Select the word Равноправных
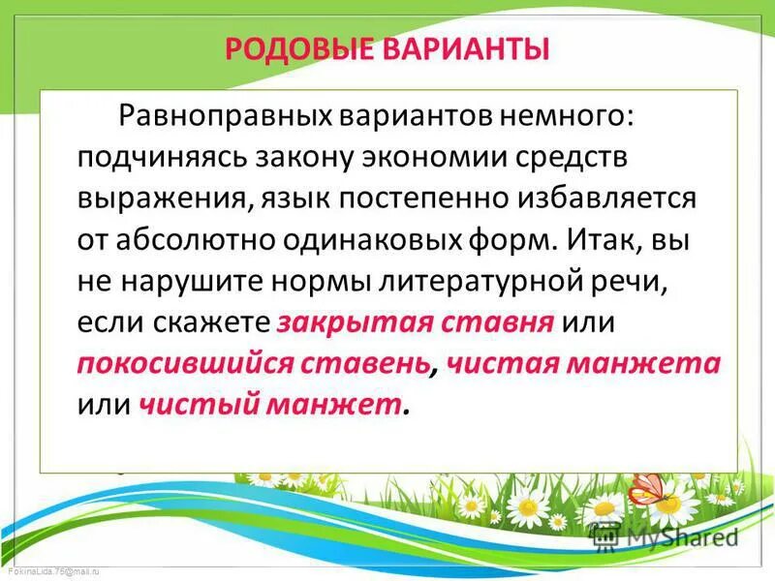pyautogui.click(x=226, y=117)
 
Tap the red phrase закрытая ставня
pyautogui.click(x=415, y=321)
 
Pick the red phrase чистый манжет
pyautogui.click(x=270, y=404)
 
